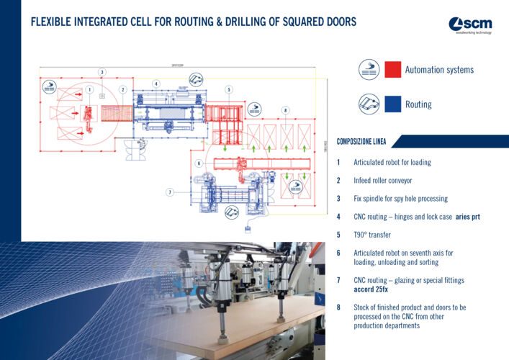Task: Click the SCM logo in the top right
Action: coord(472,25)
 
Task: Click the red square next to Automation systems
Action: coord(392,70)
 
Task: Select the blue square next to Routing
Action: coord(392,104)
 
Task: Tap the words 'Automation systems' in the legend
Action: coord(439,70)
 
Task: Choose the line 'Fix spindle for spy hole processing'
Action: coord(400,198)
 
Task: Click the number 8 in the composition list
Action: coord(338,307)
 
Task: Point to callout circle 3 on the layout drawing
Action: coord(102,72)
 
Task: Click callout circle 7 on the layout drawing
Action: coord(169,192)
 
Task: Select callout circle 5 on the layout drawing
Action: coord(228,89)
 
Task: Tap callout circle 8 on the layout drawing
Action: coord(286,110)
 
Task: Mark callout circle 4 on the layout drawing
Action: coord(156,84)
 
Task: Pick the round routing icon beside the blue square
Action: coord(369,104)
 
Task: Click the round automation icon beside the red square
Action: coord(369,70)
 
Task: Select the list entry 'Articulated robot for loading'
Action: coord(392,162)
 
